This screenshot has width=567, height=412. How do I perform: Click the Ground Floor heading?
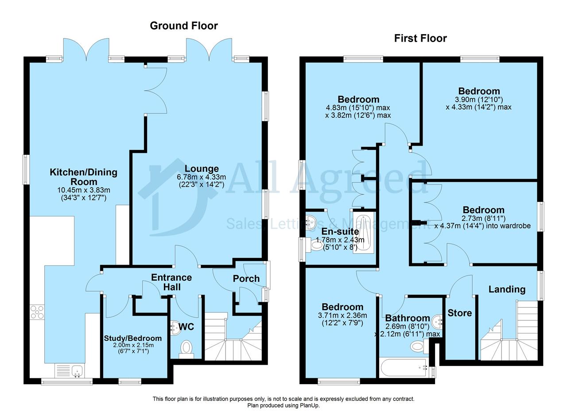(x=184, y=26)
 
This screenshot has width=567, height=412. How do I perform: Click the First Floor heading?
(x=420, y=39)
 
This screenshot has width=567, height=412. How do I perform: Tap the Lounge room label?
(x=202, y=169)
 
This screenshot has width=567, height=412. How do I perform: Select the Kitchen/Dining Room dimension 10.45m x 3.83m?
(x=84, y=190)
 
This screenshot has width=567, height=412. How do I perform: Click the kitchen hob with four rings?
(x=37, y=312)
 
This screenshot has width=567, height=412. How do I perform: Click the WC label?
(x=186, y=327)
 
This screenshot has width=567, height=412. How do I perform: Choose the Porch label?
(x=246, y=279)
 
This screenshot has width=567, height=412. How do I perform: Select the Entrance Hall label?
(x=171, y=282)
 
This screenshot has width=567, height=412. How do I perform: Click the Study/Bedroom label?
(x=132, y=338)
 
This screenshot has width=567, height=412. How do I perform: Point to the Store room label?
(x=460, y=313)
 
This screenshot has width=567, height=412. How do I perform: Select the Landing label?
(x=507, y=289)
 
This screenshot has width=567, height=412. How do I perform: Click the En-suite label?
(x=340, y=231)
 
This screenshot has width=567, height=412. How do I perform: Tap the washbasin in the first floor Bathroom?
(x=437, y=322)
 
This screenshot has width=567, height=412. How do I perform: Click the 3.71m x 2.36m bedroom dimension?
(x=342, y=316)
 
